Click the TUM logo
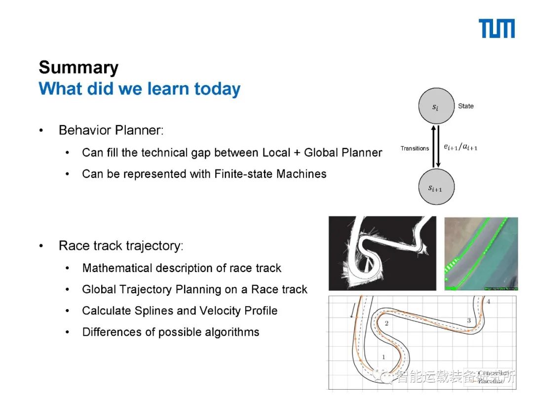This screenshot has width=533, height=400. (x=496, y=29)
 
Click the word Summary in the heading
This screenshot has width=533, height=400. (x=78, y=68)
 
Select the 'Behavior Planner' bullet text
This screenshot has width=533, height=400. (x=111, y=130)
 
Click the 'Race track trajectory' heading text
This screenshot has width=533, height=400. (x=120, y=245)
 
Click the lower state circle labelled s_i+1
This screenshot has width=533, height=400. (x=435, y=187)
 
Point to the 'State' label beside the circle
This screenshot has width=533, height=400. (x=465, y=106)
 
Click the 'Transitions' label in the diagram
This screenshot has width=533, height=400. (x=415, y=148)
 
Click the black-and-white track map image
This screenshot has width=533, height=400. (x=382, y=253)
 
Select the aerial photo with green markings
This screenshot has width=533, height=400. (x=481, y=253)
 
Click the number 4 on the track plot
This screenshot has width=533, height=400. (x=488, y=302)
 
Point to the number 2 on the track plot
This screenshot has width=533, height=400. (x=386, y=323)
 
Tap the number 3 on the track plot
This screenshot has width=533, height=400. (x=469, y=321)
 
